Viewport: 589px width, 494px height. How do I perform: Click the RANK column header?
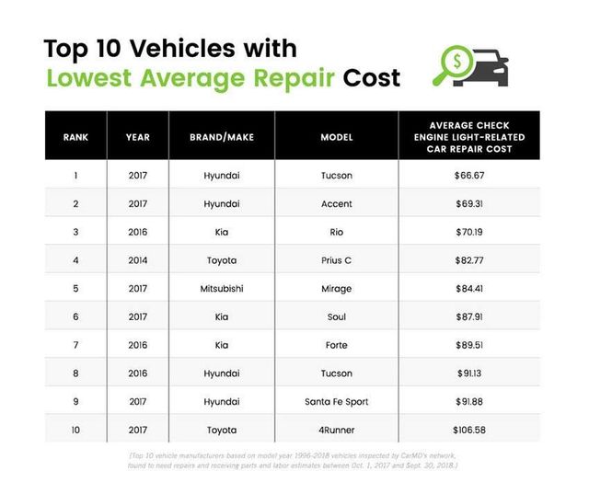[75, 137]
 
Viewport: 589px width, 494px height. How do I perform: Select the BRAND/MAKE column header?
[222, 137]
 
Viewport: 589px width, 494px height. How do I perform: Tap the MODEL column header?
[337, 137]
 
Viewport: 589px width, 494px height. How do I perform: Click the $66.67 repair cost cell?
[469, 175]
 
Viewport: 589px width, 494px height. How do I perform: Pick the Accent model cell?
[337, 203]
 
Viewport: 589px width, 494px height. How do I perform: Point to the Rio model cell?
[337, 232]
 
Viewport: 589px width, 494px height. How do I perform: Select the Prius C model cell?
[337, 260]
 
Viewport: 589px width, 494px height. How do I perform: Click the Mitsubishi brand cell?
[222, 288]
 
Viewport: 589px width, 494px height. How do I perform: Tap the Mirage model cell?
[337, 288]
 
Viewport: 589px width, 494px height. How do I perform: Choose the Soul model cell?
[337, 316]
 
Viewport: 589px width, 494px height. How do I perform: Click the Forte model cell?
[337, 345]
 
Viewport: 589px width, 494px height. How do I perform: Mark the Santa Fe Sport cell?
[337, 401]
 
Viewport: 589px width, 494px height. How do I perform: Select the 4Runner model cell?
[337, 430]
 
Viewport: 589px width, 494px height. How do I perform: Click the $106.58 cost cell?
[469, 430]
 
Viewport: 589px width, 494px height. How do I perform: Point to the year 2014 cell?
[138, 260]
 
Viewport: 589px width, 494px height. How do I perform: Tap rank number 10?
[75, 430]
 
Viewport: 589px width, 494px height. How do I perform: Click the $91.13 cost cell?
[469, 373]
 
